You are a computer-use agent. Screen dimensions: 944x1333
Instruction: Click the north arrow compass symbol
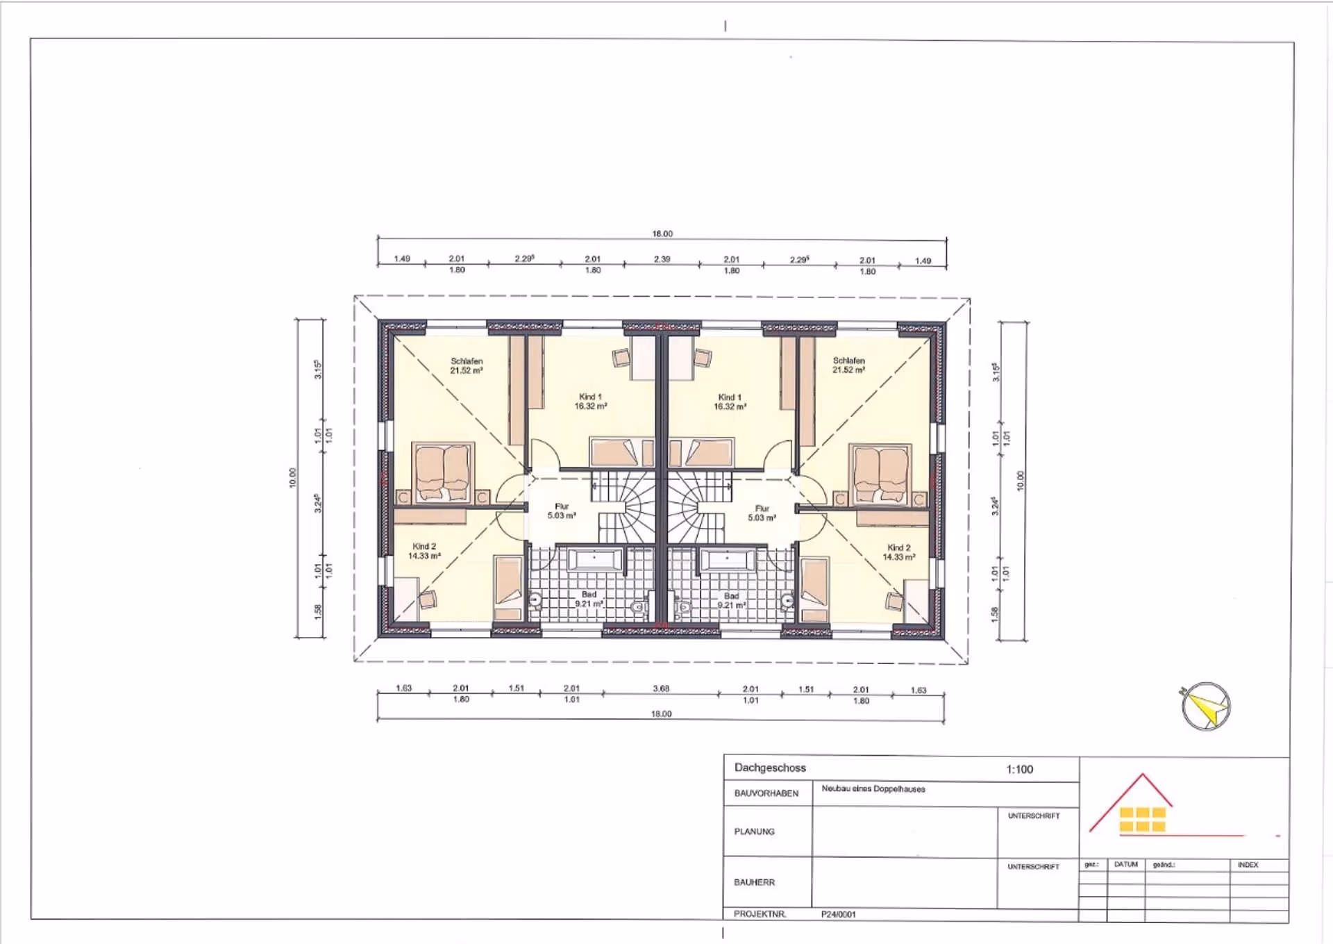click(x=1206, y=706)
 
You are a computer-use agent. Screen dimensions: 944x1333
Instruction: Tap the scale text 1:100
click(x=1019, y=769)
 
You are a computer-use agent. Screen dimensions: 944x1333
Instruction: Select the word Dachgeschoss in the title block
click(x=770, y=768)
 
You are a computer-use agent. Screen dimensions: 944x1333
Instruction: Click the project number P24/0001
click(x=838, y=914)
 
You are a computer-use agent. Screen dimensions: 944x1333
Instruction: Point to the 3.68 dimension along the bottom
click(x=661, y=688)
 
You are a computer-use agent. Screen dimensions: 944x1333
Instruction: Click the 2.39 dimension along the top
click(x=662, y=259)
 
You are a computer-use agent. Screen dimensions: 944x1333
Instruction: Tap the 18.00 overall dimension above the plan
click(x=662, y=233)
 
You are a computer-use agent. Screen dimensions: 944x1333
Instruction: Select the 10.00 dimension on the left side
click(x=292, y=478)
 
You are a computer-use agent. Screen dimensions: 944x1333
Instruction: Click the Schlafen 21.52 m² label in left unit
click(x=467, y=365)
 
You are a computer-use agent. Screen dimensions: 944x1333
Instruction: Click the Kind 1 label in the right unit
click(x=730, y=401)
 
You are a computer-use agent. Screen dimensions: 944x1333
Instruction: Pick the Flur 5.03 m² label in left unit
click(x=561, y=511)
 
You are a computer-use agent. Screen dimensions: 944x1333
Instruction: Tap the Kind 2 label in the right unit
click(x=898, y=552)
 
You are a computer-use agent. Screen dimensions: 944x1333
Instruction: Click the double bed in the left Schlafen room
click(x=443, y=472)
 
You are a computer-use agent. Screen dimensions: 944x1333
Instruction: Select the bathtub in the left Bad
click(x=595, y=559)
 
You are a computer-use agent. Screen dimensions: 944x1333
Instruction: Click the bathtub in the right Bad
click(x=726, y=560)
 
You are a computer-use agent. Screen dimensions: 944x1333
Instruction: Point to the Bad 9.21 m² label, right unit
click(x=731, y=600)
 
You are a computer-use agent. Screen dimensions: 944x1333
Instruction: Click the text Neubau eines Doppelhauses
click(x=873, y=788)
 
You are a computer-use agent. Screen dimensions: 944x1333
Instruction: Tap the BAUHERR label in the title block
click(x=754, y=881)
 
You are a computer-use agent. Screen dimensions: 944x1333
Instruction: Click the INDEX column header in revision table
click(x=1247, y=865)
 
